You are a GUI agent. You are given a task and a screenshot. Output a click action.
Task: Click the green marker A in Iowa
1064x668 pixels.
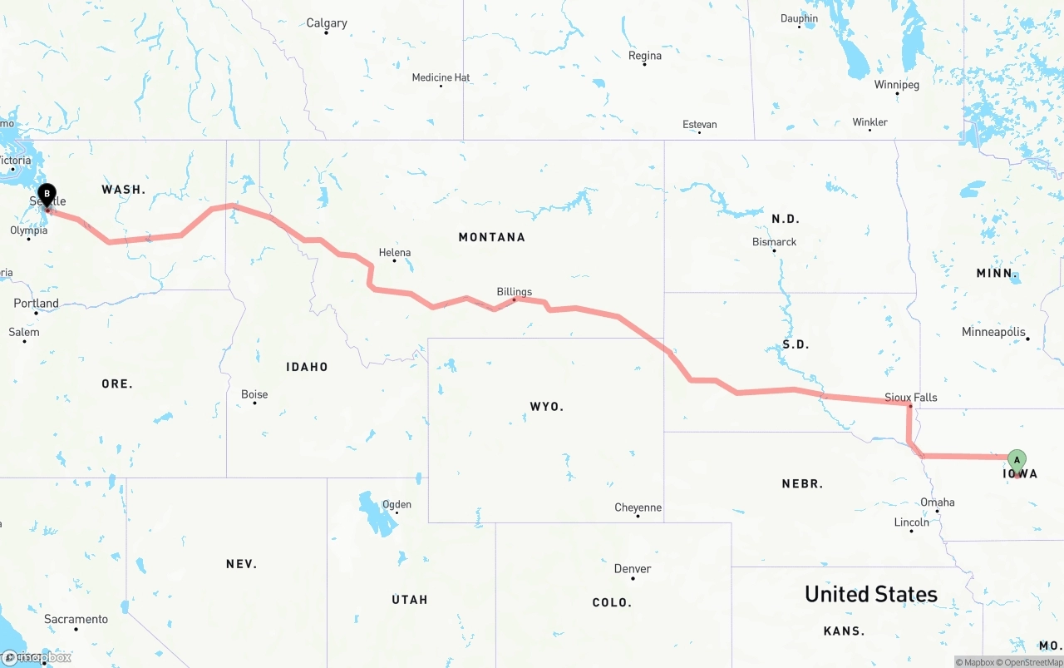(1017, 461)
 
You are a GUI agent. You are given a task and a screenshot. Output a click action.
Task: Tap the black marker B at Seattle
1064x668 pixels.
(47, 195)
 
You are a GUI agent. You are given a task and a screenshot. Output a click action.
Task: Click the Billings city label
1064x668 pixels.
(515, 292)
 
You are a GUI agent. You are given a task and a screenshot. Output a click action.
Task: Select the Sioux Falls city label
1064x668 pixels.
(911, 397)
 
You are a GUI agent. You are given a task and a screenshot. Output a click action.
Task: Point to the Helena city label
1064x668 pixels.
(395, 252)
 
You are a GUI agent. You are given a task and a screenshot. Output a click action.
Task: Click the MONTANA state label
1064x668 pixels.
(492, 237)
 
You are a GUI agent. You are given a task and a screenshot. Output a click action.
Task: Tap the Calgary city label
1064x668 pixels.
(327, 22)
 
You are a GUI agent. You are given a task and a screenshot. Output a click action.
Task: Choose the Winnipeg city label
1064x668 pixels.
(898, 85)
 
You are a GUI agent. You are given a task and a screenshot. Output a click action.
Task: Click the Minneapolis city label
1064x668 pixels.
(993, 332)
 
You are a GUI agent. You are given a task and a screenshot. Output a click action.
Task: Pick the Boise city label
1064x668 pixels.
(254, 394)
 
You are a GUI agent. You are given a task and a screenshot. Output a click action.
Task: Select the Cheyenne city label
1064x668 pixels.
(638, 507)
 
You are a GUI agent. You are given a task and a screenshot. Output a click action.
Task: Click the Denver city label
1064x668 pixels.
(633, 569)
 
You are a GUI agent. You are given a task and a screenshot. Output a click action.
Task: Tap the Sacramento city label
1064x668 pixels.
(76, 619)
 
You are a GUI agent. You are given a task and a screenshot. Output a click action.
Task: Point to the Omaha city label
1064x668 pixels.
(938, 502)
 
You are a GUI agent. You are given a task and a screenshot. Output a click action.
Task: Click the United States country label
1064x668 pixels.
(871, 594)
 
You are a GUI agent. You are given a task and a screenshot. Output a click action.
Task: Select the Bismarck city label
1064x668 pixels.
(775, 242)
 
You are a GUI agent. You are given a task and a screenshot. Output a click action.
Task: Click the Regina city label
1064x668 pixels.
(645, 56)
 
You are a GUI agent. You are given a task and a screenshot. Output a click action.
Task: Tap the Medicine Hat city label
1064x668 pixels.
(441, 77)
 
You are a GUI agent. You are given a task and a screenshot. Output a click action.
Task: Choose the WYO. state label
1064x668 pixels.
(547, 406)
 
